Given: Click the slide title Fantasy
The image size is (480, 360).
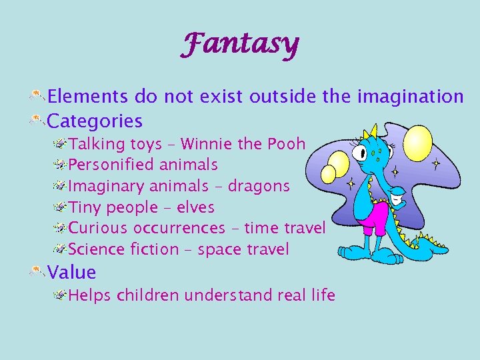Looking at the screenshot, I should [x=241, y=45].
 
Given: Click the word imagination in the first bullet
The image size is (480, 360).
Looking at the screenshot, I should [x=410, y=97].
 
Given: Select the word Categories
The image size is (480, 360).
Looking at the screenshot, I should [x=95, y=121].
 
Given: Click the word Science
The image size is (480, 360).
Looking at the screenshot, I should [x=97, y=249].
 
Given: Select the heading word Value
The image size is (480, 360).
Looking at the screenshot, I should [x=72, y=273].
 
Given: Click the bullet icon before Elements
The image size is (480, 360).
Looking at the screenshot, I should [x=37, y=97].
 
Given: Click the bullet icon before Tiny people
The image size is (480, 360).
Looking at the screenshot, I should [x=60, y=207].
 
